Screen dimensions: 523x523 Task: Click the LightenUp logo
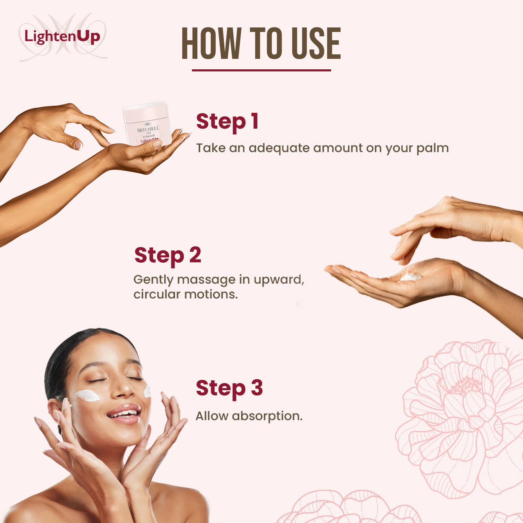pyautogui.click(x=62, y=37)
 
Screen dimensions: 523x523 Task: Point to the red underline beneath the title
pyautogui.click(x=261, y=70)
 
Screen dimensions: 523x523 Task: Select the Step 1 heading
pyautogui.click(x=227, y=121)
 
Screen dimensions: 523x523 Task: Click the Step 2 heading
pyautogui.click(x=168, y=255)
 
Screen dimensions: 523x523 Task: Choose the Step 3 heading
pyautogui.click(x=229, y=388)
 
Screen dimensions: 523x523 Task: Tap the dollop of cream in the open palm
pyautogui.click(x=410, y=277)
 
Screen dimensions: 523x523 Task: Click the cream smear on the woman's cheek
pyautogui.click(x=88, y=395)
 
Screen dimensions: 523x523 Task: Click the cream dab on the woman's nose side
pyautogui.click(x=147, y=391)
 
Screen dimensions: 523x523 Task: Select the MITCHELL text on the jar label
pyautogui.click(x=148, y=129)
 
